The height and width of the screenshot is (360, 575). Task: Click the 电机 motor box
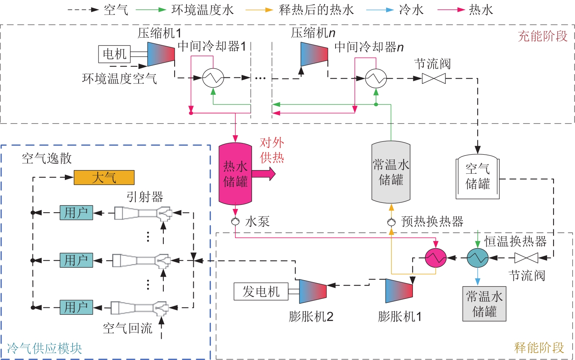point(114,54)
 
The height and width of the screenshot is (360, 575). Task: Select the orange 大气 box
point(104,177)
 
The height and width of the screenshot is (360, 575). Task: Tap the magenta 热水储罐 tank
point(235,174)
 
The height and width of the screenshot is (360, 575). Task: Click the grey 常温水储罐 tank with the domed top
point(391,172)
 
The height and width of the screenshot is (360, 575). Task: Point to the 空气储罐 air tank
point(478,177)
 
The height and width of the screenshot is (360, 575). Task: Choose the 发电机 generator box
point(261,291)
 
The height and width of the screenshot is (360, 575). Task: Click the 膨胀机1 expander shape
point(399,291)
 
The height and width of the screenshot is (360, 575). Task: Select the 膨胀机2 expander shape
point(313,291)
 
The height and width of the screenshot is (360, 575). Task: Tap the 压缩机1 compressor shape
point(161,53)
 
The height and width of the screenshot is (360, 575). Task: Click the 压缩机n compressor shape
point(314,53)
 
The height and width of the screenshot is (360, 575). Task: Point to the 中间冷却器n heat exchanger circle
point(376,78)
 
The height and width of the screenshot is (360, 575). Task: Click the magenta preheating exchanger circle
point(436,258)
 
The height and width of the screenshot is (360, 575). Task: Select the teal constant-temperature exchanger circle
point(478,258)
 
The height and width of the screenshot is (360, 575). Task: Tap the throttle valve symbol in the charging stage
point(434,78)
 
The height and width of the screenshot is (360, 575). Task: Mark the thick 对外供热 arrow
point(264,174)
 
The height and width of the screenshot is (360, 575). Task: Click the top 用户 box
point(76,212)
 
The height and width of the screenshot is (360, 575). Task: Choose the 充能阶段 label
point(543,36)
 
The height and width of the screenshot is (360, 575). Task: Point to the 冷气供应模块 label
point(44,348)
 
